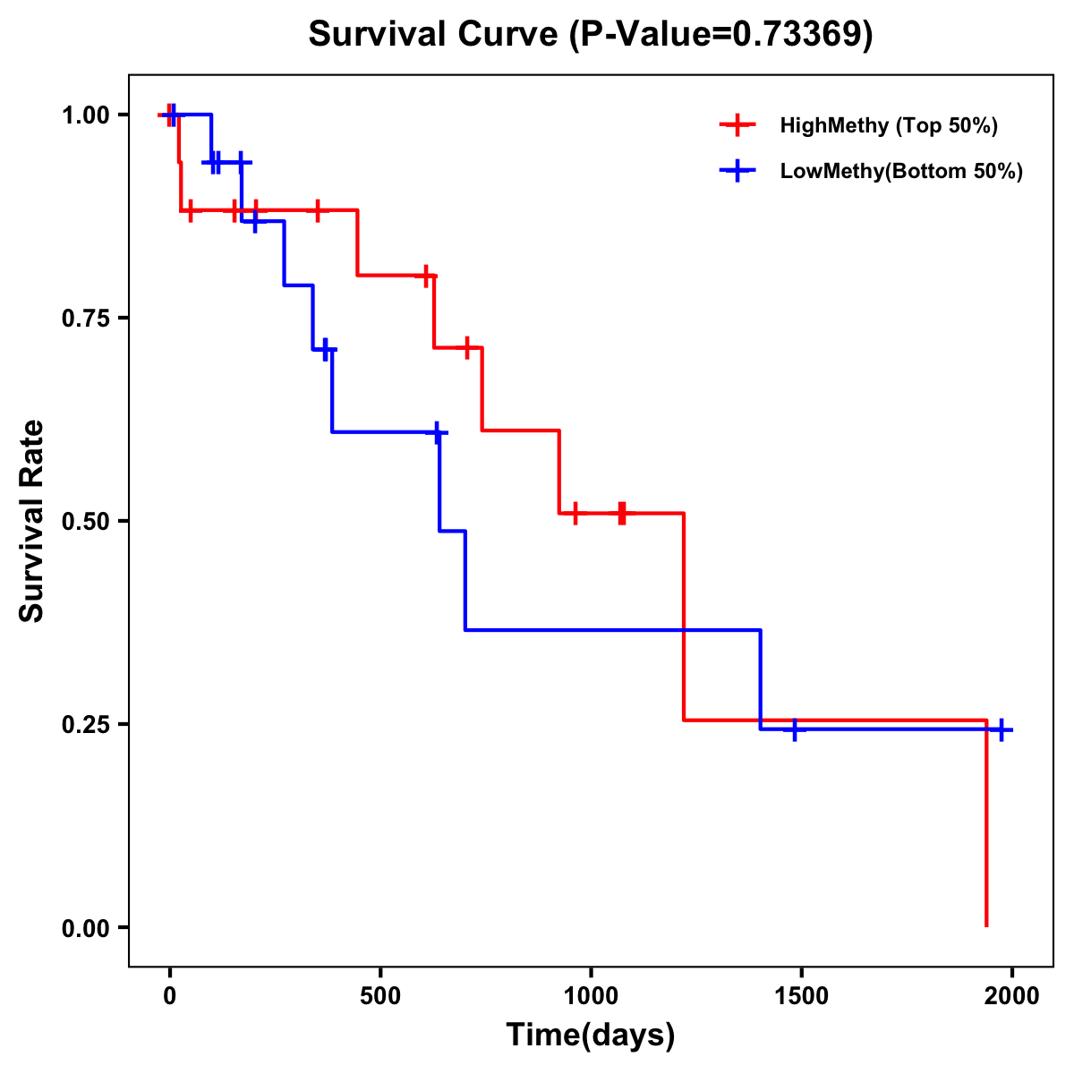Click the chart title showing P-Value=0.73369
point(591,34)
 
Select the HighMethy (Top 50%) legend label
point(889,125)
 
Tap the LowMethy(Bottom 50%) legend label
point(901,171)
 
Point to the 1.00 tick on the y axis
point(85,115)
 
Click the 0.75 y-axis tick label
point(85,319)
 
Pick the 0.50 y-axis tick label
point(85,522)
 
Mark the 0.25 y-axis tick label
point(85,725)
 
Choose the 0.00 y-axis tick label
point(85,928)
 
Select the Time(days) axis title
point(591,1036)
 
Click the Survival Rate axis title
point(32,521)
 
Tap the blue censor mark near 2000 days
point(1002,729)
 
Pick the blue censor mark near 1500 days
point(793,729)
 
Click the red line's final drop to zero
point(986,823)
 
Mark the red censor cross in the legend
point(737,125)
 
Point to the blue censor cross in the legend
point(737,171)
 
